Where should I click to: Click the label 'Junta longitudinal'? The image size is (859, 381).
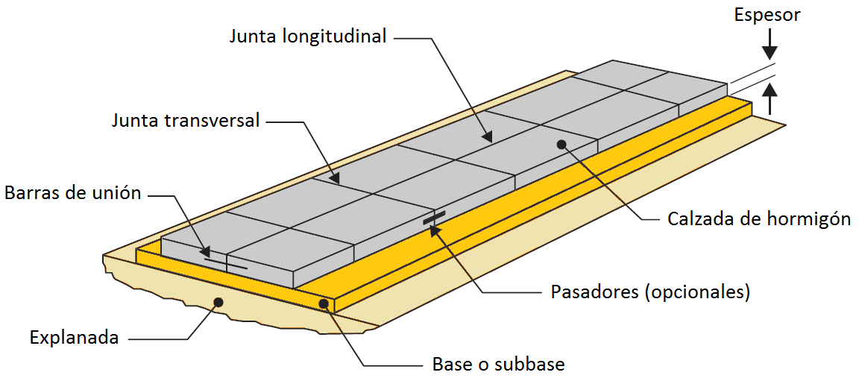309,37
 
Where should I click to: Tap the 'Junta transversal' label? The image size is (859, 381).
185,121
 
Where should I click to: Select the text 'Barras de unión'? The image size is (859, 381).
73,193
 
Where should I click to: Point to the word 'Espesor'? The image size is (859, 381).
767,16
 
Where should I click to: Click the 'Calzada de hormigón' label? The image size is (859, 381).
759,219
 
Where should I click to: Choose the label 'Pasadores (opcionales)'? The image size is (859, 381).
649,292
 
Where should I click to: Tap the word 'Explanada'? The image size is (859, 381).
75,337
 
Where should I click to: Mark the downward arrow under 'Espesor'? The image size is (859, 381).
770,45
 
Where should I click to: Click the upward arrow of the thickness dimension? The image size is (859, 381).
770,98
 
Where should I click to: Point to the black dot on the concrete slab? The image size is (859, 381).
561,144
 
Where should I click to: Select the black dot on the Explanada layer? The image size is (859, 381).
218,301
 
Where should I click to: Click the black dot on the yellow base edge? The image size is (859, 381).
324,303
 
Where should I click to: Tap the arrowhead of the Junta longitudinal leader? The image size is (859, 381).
486,136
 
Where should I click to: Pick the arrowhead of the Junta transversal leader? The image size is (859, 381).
334,178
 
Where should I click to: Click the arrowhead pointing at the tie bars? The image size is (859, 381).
205,252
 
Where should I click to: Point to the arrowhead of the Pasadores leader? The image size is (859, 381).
435,230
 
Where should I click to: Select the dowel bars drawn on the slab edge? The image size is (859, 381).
435,217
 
